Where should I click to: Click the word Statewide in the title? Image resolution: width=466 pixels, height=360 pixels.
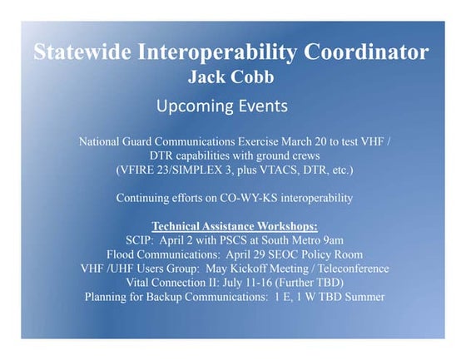point(82,52)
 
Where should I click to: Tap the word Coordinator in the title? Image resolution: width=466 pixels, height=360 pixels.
point(366,52)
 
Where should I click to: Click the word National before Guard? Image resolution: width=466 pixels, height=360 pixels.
point(99,141)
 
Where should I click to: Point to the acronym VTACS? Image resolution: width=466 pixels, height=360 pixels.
point(282,170)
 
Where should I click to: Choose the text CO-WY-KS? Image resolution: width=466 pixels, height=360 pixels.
point(249,198)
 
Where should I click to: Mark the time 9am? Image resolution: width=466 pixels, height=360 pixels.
point(333,240)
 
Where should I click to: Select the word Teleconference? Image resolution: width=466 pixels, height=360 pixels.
point(354,269)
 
